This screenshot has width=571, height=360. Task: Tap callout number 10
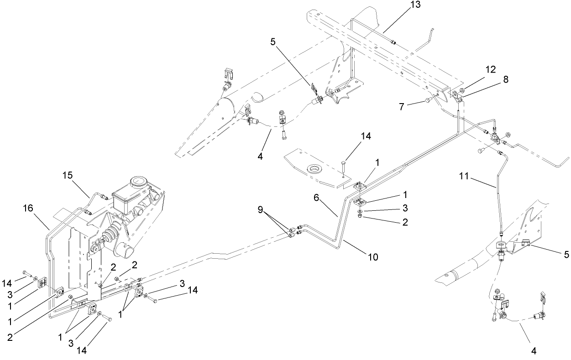point(373,257)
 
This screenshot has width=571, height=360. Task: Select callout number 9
point(260,209)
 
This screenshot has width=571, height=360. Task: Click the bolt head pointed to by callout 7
point(428,100)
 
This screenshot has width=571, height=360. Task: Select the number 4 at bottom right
point(534,351)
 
